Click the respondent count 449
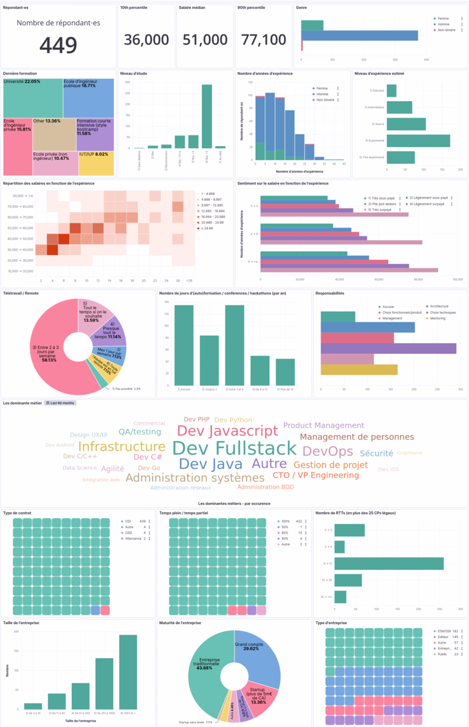click(x=58, y=45)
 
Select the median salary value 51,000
click(x=205, y=40)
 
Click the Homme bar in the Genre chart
click(x=359, y=36)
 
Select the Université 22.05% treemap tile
click(x=32, y=98)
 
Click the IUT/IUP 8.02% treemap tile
click(x=96, y=162)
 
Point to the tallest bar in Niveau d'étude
click(x=207, y=116)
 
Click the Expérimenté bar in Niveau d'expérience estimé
click(x=418, y=141)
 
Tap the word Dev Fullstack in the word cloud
click(x=234, y=448)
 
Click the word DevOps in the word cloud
click(x=328, y=451)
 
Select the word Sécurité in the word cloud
click(x=376, y=453)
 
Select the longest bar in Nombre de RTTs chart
click(x=388, y=563)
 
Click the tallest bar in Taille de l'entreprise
click(x=128, y=672)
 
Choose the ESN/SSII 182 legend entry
click(x=447, y=631)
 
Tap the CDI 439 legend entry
click(x=134, y=521)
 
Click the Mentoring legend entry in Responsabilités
click(x=441, y=318)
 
